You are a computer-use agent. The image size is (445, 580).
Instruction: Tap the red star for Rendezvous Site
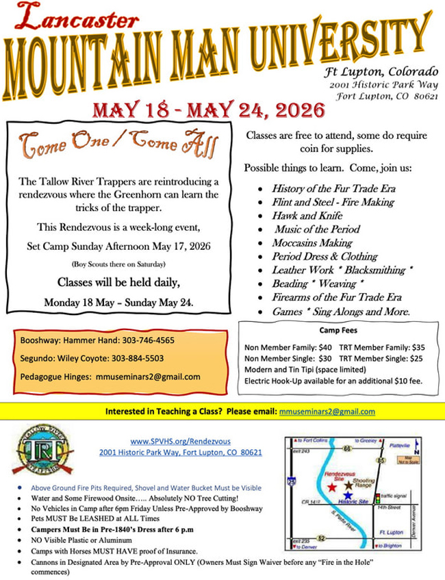(331, 487)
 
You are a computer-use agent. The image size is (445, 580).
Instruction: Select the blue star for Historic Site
(348, 494)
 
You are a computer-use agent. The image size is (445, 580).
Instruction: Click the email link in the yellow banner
(327, 412)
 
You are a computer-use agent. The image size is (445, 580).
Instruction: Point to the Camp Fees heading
(338, 329)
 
